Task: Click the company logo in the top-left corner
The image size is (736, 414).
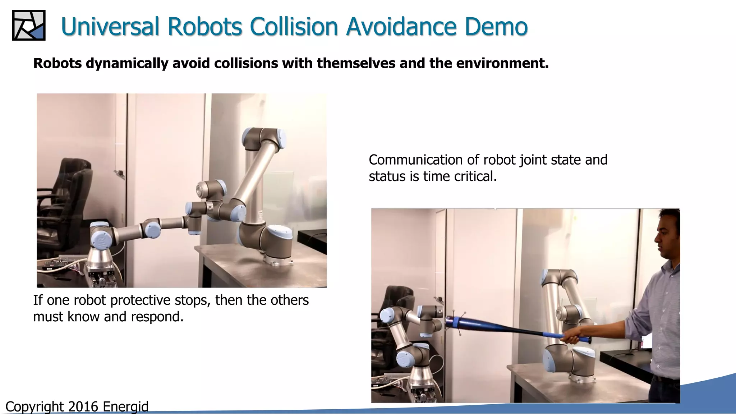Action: click(29, 25)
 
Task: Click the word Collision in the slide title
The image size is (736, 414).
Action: click(294, 27)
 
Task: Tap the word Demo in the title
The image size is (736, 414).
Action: click(496, 27)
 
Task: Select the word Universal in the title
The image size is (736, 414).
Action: click(110, 27)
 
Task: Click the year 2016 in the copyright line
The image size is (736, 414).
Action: click(83, 407)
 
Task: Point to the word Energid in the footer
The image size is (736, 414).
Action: click(125, 407)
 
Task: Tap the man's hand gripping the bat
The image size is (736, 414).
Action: click(571, 337)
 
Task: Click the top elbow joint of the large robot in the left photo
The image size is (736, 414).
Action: click(264, 138)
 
